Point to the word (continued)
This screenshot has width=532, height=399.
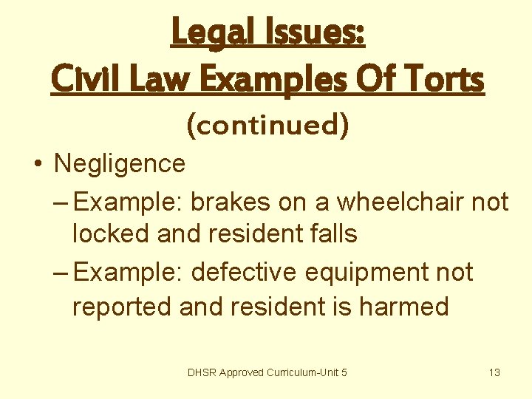pyautogui.click(x=267, y=125)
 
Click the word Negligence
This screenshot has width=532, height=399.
pyautogui.click(x=120, y=163)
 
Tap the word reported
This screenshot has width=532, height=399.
pyautogui.click(x=123, y=306)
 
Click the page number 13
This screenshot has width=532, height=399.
pyautogui.click(x=494, y=372)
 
